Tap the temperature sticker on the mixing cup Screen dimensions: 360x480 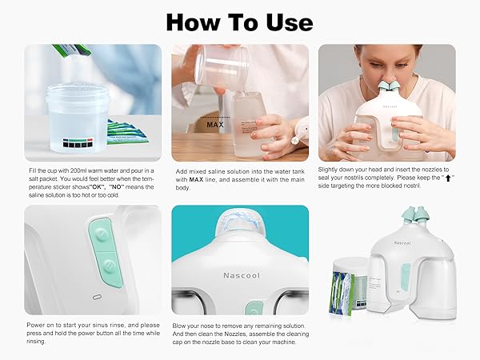65,145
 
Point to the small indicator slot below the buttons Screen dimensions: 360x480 97,296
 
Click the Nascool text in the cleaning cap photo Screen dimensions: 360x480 239,270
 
